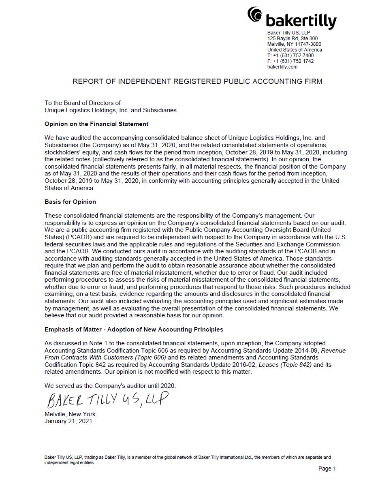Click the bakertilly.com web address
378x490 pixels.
pyautogui.click(x=282, y=67)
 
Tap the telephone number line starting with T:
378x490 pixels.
pyautogui.click(x=290, y=56)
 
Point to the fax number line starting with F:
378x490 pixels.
pyautogui.click(x=290, y=61)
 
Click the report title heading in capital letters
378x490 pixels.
pyautogui.click(x=197, y=81)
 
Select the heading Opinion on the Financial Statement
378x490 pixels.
pyautogui.click(x=96, y=124)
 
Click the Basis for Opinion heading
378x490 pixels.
pyautogui.click(x=70, y=202)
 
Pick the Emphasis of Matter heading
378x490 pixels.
pyautogui.click(x=134, y=330)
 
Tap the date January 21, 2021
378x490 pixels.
pyautogui.click(x=68, y=421)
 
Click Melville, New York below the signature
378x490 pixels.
pyautogui.click(x=70, y=414)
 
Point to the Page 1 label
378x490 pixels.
pyautogui.click(x=327, y=469)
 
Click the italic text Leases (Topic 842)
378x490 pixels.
pyautogui.click(x=285, y=365)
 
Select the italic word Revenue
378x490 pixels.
pyautogui.click(x=333, y=351)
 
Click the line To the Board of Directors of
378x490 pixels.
pyautogui.click(x=83, y=103)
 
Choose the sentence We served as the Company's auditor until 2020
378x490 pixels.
pyautogui.click(x=110, y=386)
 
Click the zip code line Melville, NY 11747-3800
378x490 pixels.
pyautogui.click(x=294, y=44)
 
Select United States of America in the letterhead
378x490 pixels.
pyautogui.click(x=295, y=50)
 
